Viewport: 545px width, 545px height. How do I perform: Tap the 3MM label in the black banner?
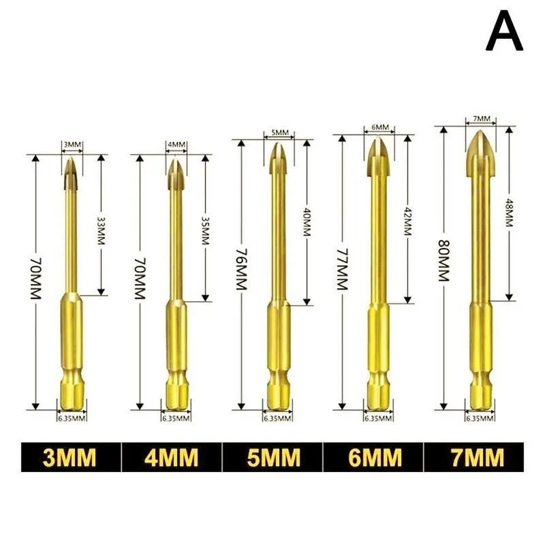pyautogui.click(x=69, y=458)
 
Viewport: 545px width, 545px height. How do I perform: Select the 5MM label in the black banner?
pyautogui.click(x=272, y=458)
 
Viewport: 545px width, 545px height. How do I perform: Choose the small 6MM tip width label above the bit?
pyautogui.click(x=380, y=127)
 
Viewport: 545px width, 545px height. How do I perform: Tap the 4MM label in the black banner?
pyautogui.click(x=171, y=458)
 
